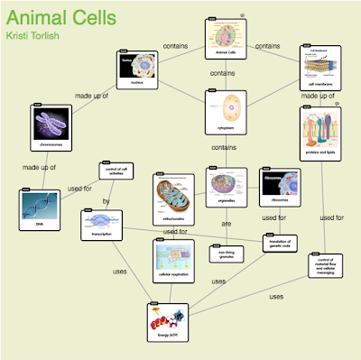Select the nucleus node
click(x=137, y=71)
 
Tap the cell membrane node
click(x=324, y=68)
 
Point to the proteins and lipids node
click(x=321, y=135)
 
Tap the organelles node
click(x=227, y=190)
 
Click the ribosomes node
click(x=278, y=190)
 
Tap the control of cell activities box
click(x=116, y=171)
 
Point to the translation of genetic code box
click(x=280, y=244)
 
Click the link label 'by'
click(x=106, y=201)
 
